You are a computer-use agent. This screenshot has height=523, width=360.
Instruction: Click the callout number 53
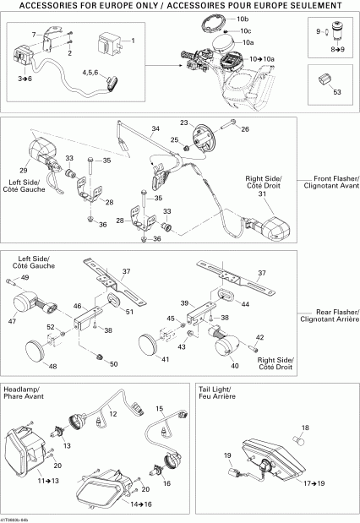click(x=338, y=91)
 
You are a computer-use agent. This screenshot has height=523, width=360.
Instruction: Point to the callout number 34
click(x=155, y=130)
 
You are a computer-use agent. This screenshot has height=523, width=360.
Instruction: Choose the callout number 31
click(x=262, y=194)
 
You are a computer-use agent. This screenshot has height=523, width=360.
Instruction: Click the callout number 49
click(x=25, y=278)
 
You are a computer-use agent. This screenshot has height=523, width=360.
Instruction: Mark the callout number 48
click(x=52, y=367)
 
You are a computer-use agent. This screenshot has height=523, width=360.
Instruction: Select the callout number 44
click(x=246, y=303)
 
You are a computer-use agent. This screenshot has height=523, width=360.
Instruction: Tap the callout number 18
click(x=306, y=428)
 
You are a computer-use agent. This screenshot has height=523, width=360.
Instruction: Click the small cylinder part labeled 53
click(x=322, y=79)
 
